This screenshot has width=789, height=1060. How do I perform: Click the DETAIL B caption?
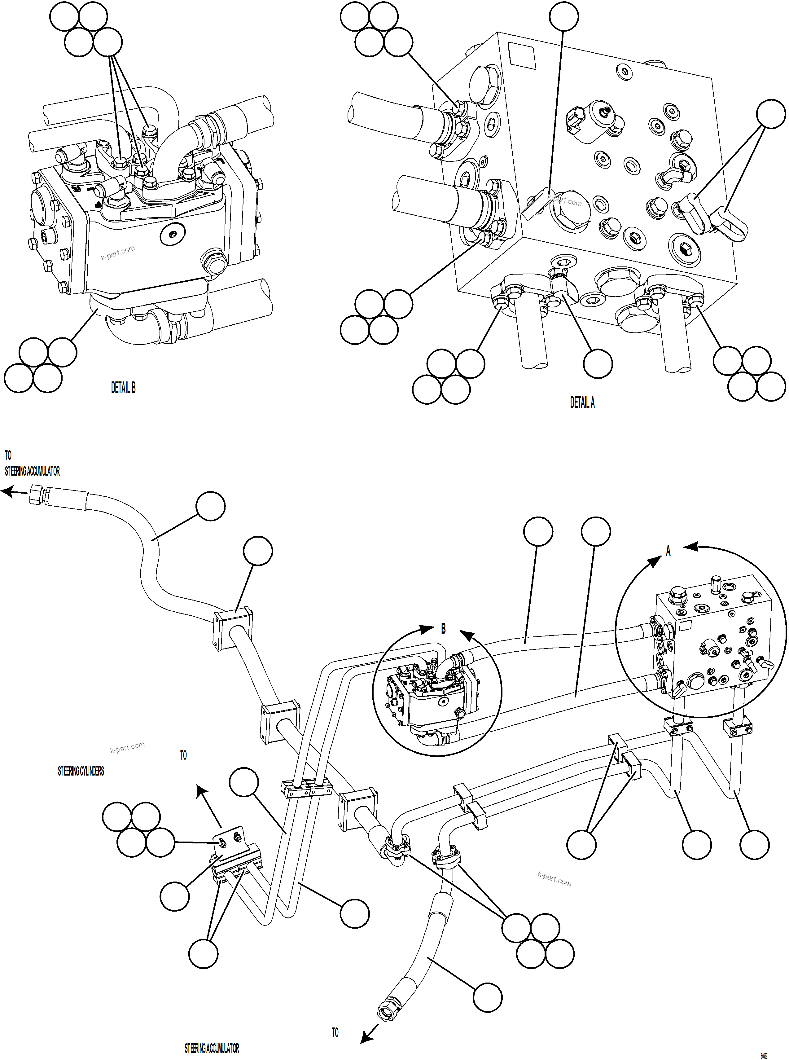point(123,388)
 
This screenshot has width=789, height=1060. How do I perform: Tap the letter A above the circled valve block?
point(668,551)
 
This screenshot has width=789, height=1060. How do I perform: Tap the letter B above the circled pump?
point(443,629)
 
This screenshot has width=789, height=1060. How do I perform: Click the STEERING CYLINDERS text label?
point(81,771)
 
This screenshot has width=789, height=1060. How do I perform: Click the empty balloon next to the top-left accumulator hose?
point(211,506)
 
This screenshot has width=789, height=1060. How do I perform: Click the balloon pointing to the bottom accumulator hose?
point(487,997)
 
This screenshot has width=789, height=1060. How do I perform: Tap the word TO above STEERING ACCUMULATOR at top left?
point(8,455)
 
